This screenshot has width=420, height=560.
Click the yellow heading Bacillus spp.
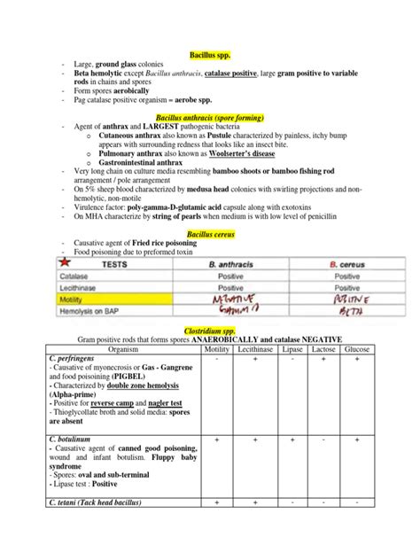209,54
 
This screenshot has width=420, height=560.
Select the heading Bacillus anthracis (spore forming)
209,116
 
